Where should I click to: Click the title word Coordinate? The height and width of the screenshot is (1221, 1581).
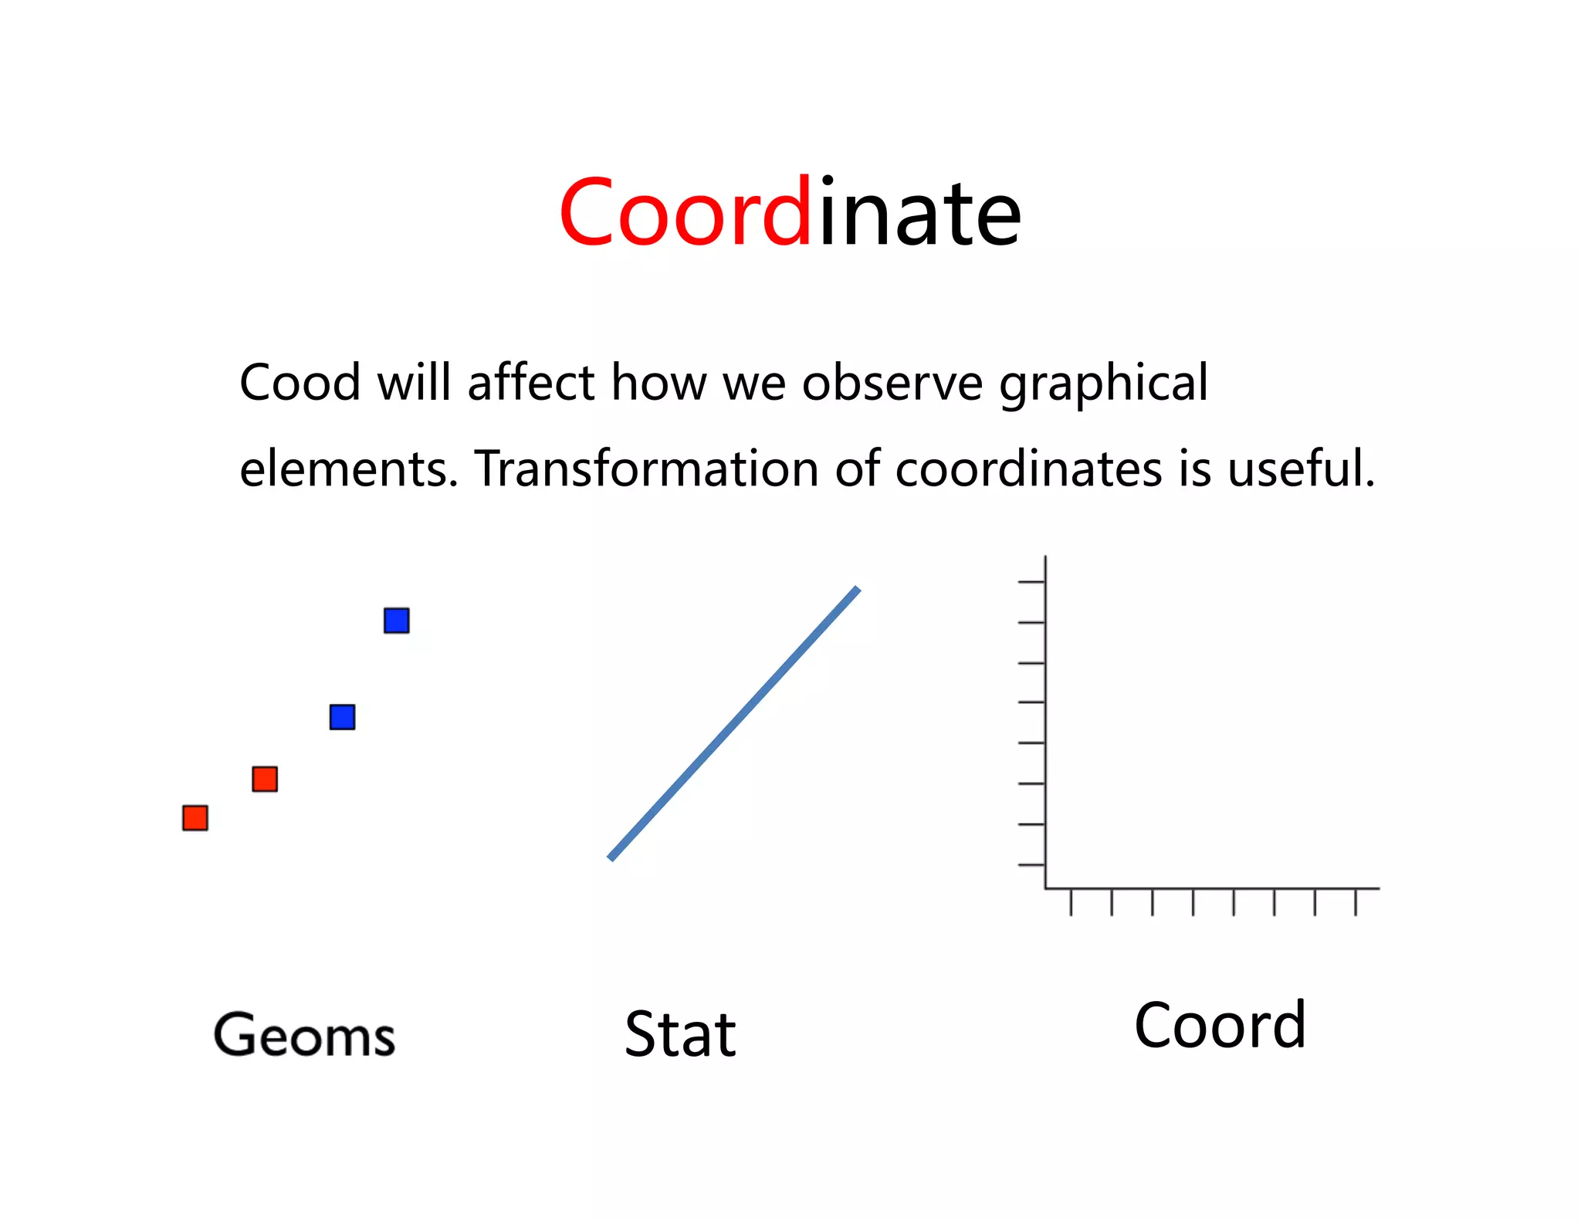pos(790,212)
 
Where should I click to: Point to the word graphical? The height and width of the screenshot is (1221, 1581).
pos(1104,384)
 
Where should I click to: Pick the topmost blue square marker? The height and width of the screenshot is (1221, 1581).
pos(397,621)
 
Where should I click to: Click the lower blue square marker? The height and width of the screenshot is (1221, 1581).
pos(342,717)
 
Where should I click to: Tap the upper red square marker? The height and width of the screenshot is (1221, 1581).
pos(265,779)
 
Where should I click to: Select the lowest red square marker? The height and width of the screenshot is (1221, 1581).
pos(195,818)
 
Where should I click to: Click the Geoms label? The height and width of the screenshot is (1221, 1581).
pos(304,1035)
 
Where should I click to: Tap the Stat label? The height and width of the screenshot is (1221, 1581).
pos(680,1034)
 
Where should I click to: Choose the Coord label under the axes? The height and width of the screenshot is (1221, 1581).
pos(1220,1026)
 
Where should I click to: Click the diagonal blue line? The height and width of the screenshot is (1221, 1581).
pos(733,724)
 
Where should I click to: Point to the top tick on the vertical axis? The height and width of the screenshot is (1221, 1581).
pos(1031,582)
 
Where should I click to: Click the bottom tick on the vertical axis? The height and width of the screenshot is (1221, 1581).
pos(1031,865)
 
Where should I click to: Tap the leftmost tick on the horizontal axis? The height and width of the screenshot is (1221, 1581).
pos(1071,902)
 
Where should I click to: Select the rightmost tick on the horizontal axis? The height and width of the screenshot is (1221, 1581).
pos(1356,902)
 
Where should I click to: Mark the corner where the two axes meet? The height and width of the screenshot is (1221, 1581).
pos(1045,888)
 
